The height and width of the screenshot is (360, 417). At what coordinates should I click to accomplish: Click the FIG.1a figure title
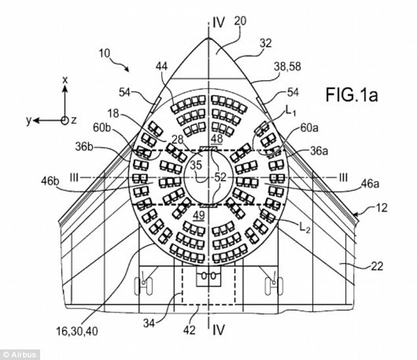pos(352,95)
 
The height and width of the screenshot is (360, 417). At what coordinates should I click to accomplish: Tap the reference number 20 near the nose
pos(240,21)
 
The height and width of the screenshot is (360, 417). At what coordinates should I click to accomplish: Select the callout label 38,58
pos(287,66)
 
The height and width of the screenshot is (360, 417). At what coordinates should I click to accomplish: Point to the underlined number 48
pos(217,139)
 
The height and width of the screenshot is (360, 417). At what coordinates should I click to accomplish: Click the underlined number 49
pos(199,215)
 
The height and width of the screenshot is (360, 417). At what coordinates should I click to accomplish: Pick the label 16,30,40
pos(77,331)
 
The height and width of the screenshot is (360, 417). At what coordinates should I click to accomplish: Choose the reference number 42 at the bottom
pos(189,330)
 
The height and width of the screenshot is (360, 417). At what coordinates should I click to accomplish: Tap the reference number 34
pos(150,323)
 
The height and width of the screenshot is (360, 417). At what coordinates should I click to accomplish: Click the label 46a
pos(370,184)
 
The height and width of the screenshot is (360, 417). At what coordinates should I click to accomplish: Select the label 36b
pos(85,147)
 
